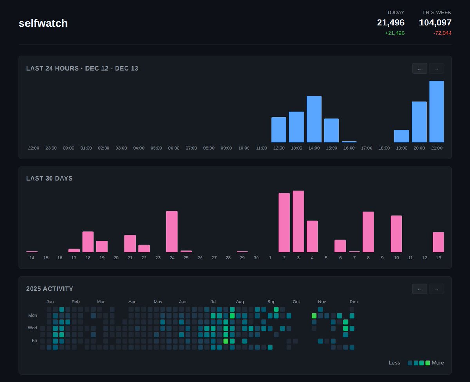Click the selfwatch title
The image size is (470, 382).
coord(43,23)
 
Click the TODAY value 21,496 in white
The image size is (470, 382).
coord(390,23)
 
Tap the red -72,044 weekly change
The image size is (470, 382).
coord(442,33)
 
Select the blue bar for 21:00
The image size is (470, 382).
coord(436,112)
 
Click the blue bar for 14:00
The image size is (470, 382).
coord(314,119)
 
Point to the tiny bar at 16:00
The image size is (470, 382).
coord(349,141)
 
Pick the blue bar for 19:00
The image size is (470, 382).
coord(401,136)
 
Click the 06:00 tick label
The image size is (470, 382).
coord(174,148)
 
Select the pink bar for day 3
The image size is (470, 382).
coord(298,221)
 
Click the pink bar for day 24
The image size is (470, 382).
coord(172,231)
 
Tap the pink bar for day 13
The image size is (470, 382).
coord(438,242)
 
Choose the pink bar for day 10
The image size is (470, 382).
coord(396,234)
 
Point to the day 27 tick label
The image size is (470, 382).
coord(214,258)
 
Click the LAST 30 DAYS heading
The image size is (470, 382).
coord(49,178)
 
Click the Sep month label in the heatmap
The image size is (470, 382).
coord(271,302)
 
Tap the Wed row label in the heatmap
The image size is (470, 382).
coord(33,328)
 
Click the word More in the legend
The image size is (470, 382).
coord(438,363)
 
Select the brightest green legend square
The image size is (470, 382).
coord(428,363)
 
